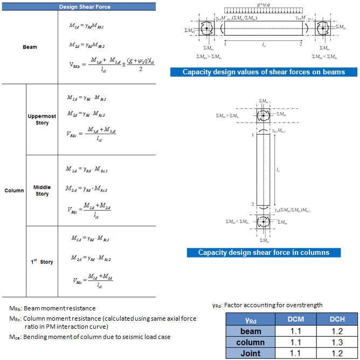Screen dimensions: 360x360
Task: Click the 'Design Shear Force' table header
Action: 79,6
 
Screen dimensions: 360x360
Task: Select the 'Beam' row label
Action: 30,47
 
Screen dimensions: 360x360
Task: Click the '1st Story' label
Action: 41,262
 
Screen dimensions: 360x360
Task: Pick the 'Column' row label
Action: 13,190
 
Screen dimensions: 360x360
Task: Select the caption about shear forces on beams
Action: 263,72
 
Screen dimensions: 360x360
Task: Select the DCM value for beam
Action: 292,331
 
